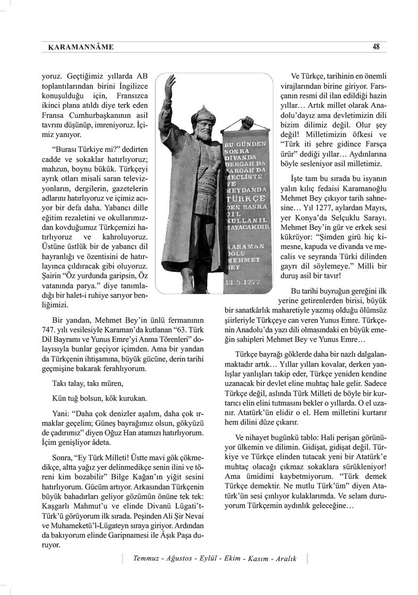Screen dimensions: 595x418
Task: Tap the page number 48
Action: tap(376, 47)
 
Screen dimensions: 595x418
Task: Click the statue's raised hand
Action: tap(169, 84)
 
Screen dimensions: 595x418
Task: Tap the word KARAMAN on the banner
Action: tap(242, 247)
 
